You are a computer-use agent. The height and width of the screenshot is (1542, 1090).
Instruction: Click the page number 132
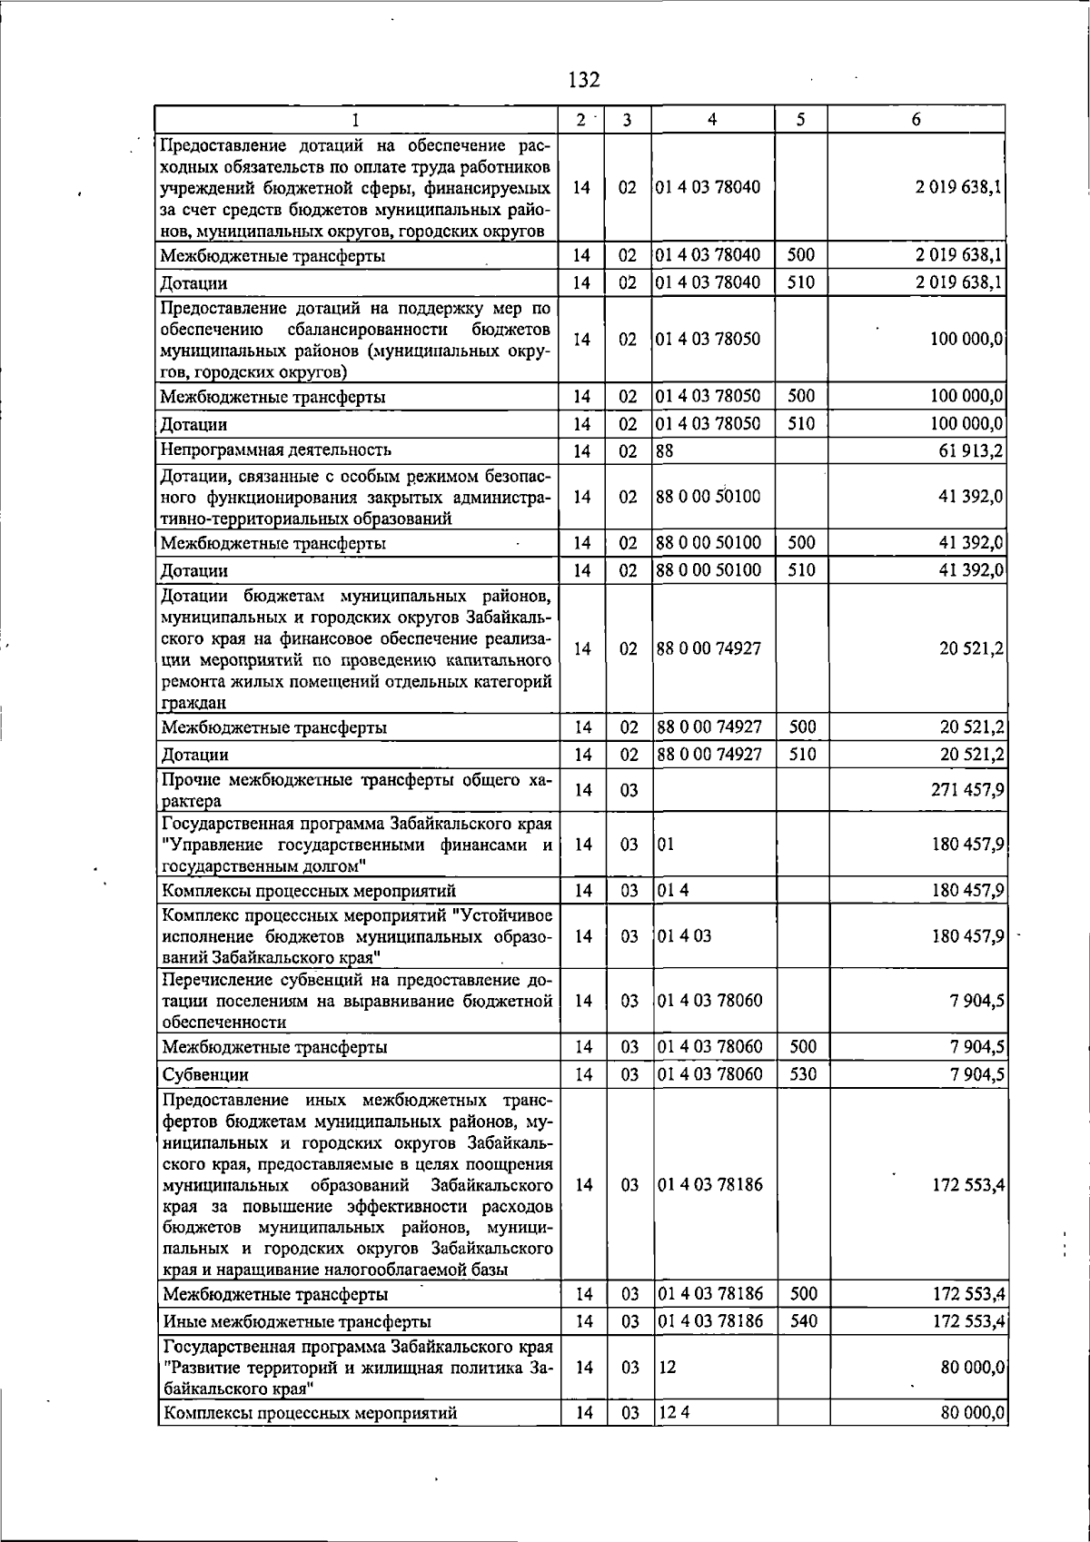(x=584, y=80)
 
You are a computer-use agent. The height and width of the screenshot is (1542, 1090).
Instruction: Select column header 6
(x=916, y=120)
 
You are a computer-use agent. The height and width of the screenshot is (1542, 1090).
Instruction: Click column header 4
(x=712, y=120)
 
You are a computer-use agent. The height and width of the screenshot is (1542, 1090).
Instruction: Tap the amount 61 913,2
(x=971, y=450)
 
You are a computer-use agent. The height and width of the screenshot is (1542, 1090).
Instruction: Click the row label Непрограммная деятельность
(x=276, y=450)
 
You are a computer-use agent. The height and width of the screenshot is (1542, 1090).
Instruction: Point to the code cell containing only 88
(x=665, y=450)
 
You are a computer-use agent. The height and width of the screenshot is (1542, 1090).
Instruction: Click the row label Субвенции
(x=204, y=1075)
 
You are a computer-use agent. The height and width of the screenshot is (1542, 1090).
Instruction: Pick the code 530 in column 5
(x=802, y=1074)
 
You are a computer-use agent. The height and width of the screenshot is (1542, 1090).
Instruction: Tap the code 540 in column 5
(x=803, y=1321)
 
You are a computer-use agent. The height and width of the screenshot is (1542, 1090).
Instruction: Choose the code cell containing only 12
(x=667, y=1367)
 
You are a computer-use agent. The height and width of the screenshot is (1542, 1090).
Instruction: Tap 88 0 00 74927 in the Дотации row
(x=709, y=755)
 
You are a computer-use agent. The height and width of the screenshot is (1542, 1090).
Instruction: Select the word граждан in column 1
(x=193, y=703)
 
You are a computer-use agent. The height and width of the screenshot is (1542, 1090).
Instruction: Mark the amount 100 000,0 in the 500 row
(x=966, y=397)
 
